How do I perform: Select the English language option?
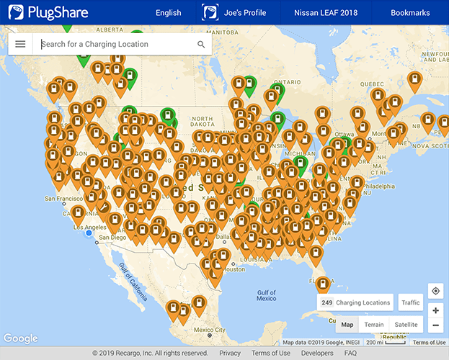168,13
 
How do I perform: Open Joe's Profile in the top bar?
235,13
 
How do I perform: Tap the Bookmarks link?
410,13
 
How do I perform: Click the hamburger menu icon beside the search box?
20,44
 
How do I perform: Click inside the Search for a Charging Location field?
115,44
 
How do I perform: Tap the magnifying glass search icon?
201,45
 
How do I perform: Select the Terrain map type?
374,325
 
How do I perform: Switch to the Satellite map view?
406,325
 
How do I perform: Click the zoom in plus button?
435,310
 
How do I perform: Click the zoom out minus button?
435,325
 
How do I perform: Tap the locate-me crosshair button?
435,291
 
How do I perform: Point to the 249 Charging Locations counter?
356,303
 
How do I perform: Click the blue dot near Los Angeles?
89,233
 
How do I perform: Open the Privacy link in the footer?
230,354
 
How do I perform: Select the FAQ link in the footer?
350,354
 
